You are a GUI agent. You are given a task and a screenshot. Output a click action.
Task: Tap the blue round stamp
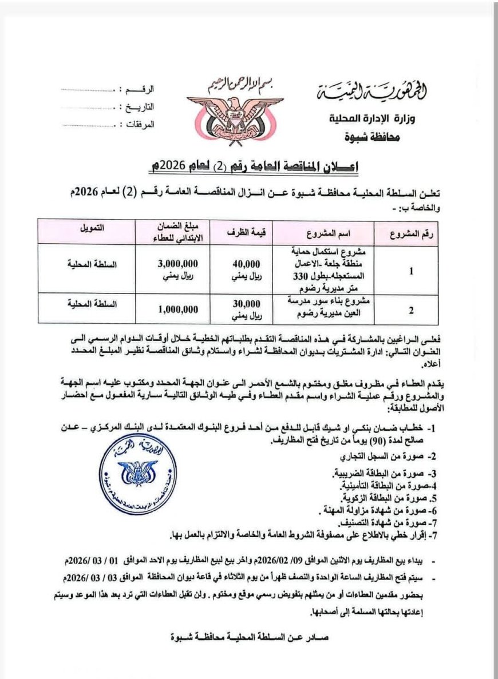(x=137, y=472)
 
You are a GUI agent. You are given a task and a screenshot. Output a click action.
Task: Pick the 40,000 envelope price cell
(x=247, y=268)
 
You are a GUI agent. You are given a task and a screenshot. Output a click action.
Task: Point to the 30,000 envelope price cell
(x=247, y=309)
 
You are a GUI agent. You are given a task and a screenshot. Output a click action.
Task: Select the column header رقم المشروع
(x=411, y=233)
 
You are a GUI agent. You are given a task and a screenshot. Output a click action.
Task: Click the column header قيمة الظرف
(x=247, y=233)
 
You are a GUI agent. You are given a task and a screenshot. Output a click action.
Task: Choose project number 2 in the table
(x=411, y=310)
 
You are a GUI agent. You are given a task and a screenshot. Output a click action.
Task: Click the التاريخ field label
(x=139, y=107)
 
